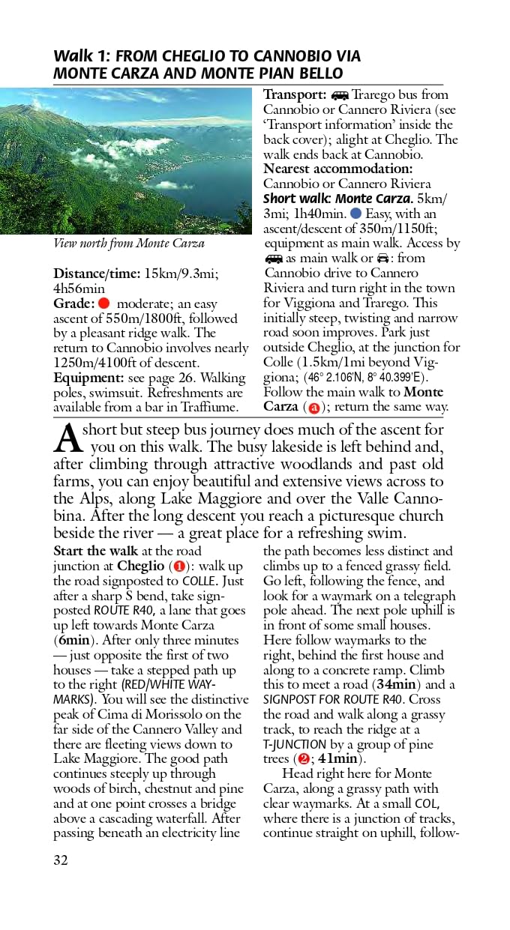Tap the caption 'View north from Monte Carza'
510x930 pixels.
pyautogui.click(x=129, y=244)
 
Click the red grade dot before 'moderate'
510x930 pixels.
pyautogui.click(x=104, y=304)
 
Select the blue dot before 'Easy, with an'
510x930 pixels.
pyautogui.click(x=355, y=214)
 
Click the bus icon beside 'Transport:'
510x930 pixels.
pyautogui.click(x=340, y=95)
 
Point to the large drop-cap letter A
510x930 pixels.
pyautogui.click(x=67, y=439)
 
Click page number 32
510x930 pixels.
pyautogui.click(x=61, y=860)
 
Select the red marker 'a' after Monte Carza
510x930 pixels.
pyautogui.click(x=313, y=408)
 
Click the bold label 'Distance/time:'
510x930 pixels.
pyautogui.click(x=96, y=274)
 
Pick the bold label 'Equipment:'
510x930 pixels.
pyautogui.click(x=85, y=378)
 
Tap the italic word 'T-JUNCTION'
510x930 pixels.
pyautogui.click(x=294, y=744)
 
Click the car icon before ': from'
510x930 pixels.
pyautogui.click(x=383, y=259)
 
